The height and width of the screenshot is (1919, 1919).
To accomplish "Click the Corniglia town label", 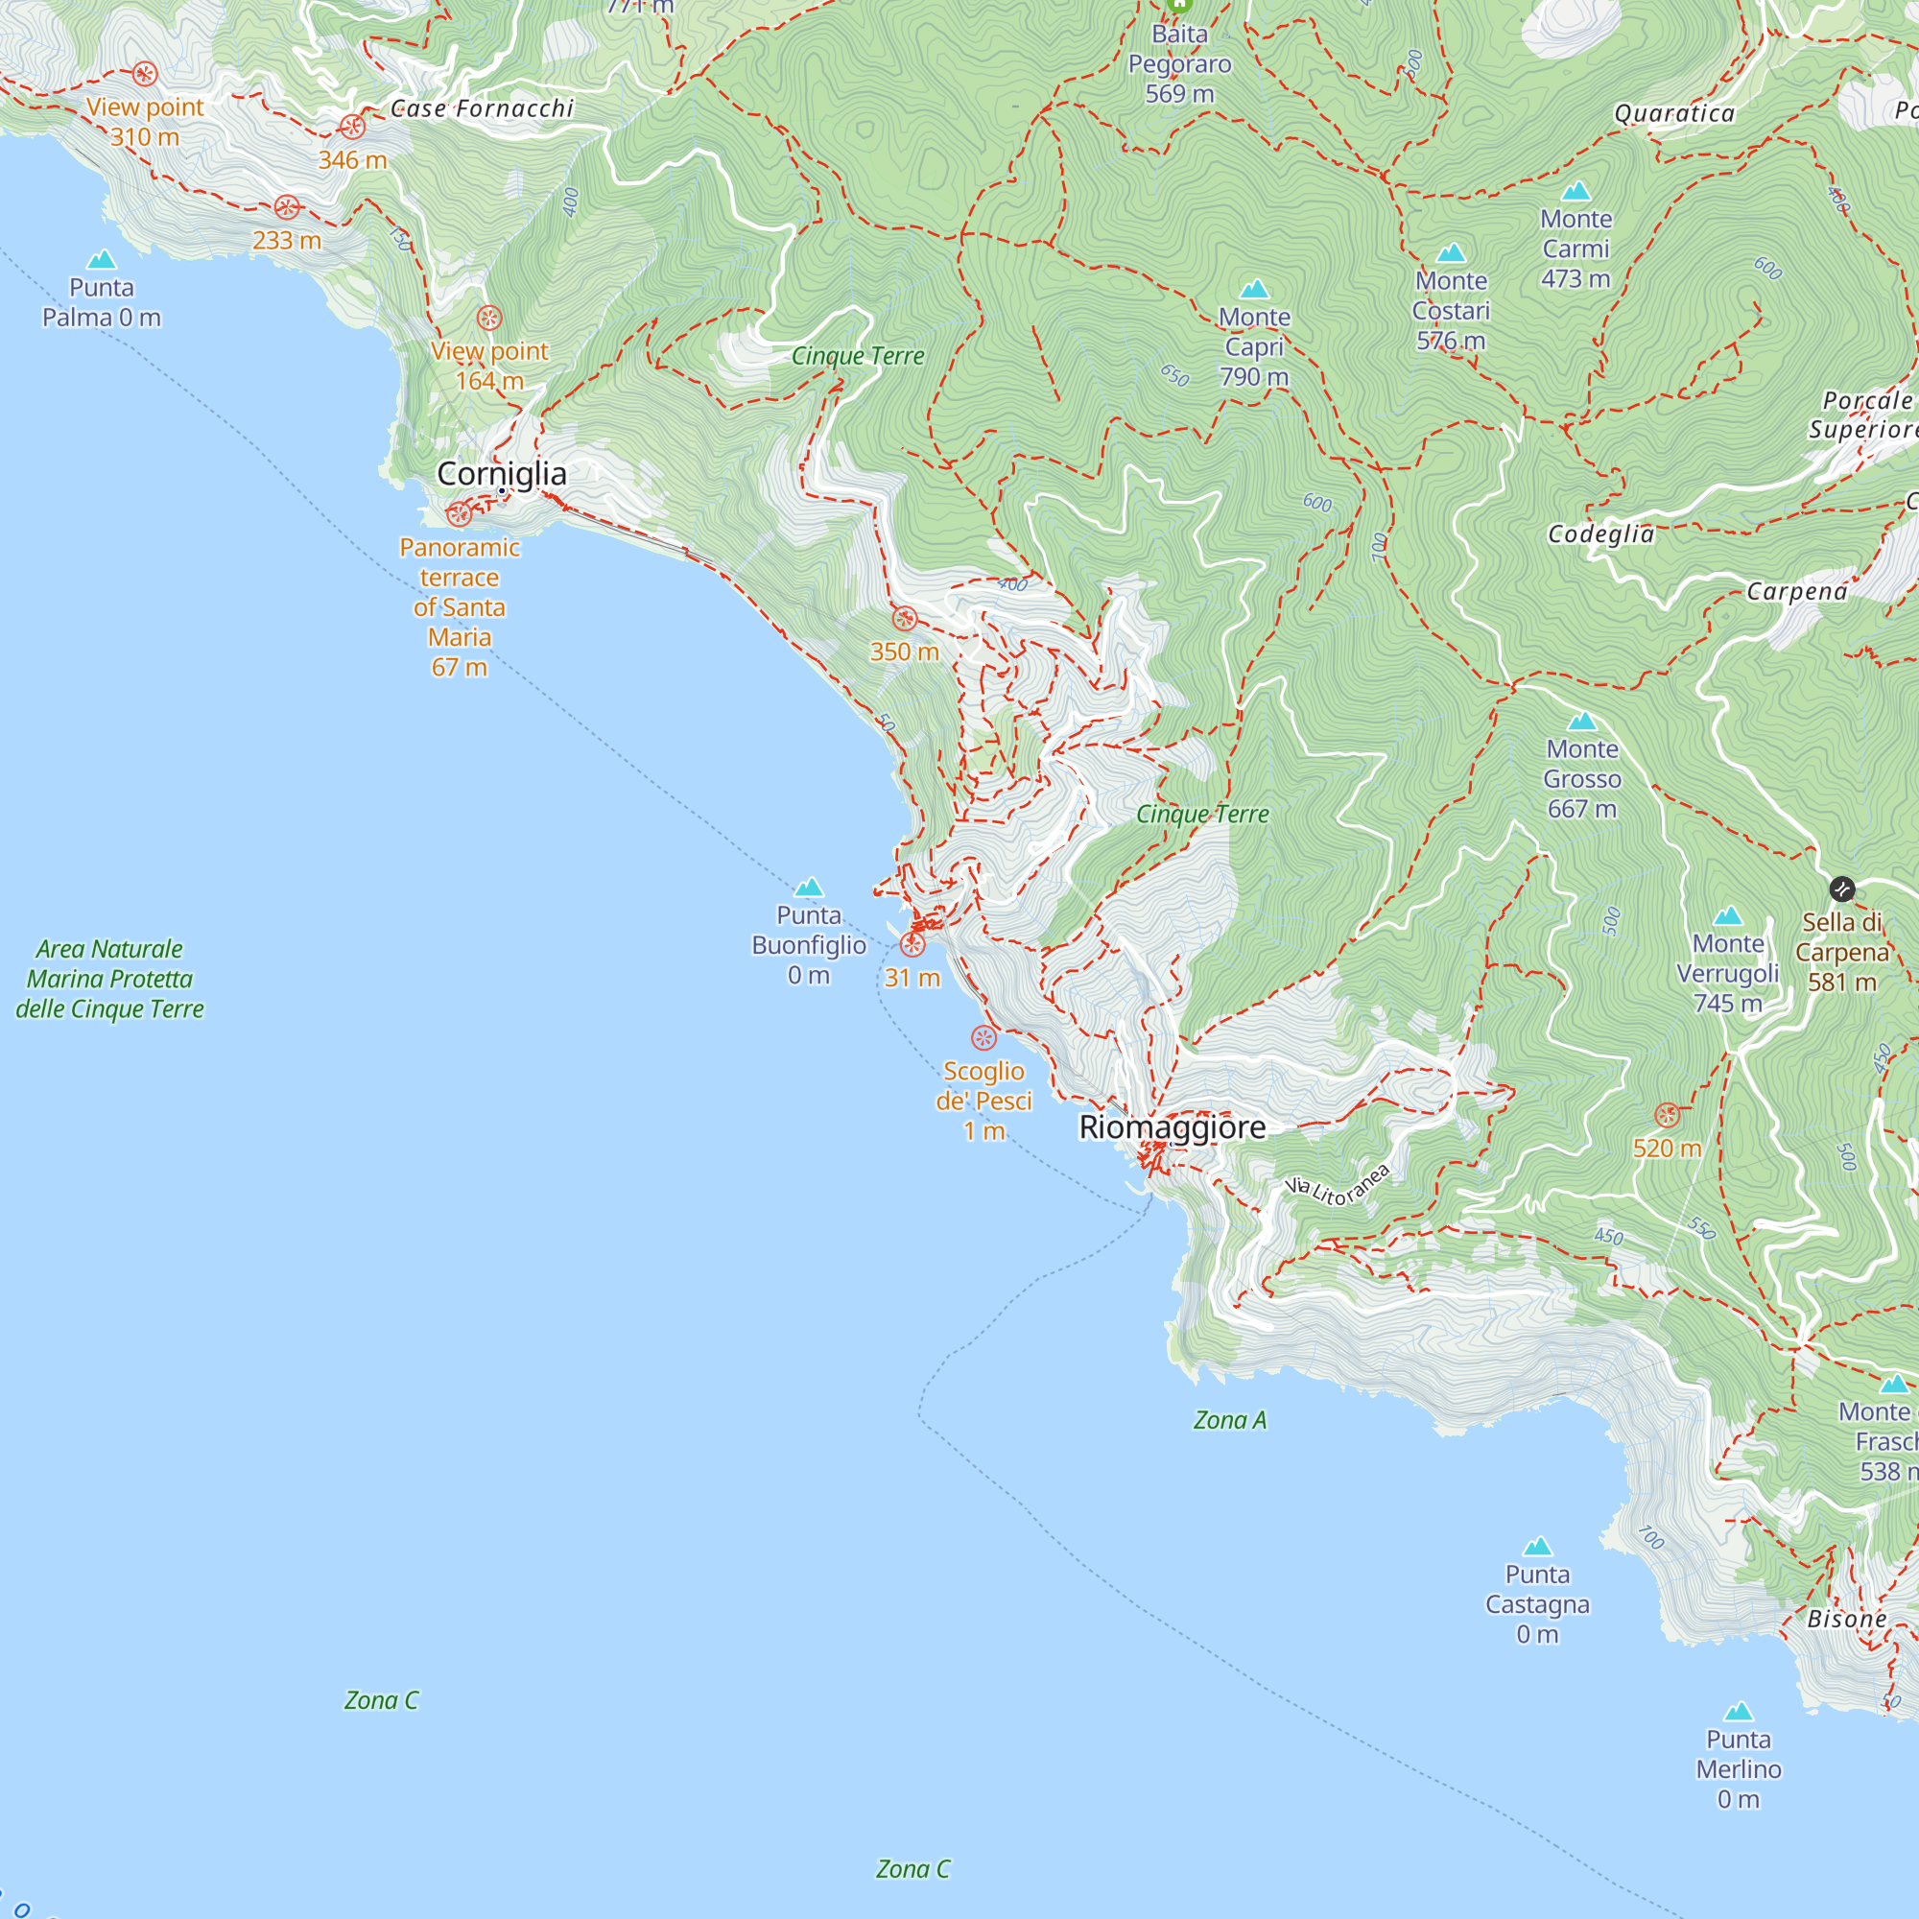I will tap(502, 474).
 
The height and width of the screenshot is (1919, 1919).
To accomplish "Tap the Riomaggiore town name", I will tap(1173, 1127).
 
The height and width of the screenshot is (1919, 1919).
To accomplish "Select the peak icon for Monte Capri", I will tap(1254, 289).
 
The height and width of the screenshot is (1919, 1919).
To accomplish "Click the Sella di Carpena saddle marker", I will tap(1841, 889).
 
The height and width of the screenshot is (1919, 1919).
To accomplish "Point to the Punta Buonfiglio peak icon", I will tap(809, 887).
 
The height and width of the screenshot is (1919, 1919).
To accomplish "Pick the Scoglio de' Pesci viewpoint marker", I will tap(983, 1039).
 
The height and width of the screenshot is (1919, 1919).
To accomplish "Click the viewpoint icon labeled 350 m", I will tap(904, 620).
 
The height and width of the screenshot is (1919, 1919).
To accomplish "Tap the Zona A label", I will tap(1230, 1420).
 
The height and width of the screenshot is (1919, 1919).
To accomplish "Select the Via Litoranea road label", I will tap(1337, 1185).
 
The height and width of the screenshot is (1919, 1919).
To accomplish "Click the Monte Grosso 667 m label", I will tap(1582, 780).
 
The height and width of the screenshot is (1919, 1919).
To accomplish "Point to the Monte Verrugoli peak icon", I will tap(1728, 915).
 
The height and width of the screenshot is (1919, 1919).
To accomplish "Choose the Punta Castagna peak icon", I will tap(1537, 1547).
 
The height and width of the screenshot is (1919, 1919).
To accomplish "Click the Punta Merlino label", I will tap(1739, 1769).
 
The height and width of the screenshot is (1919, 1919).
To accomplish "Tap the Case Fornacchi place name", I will tap(482, 108).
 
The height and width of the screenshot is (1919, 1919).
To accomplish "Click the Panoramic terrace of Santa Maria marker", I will tap(458, 513).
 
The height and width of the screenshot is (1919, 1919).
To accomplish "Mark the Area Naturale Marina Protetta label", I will tap(109, 979).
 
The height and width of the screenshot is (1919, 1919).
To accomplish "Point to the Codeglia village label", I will tap(1601, 534).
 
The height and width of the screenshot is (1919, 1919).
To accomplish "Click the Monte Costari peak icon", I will tap(1451, 253).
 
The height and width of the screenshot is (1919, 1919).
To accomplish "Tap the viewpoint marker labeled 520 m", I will tap(1668, 1114).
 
